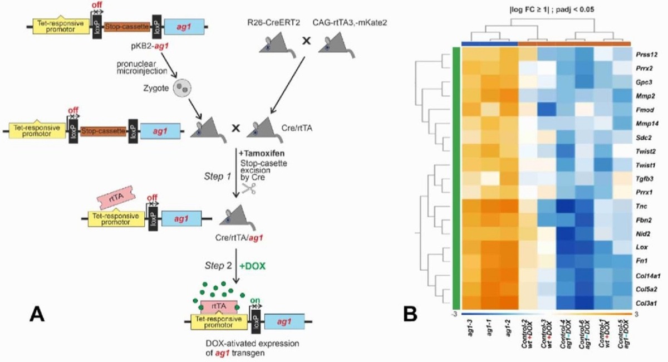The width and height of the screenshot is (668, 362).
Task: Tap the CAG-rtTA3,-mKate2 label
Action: [x=345, y=24]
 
